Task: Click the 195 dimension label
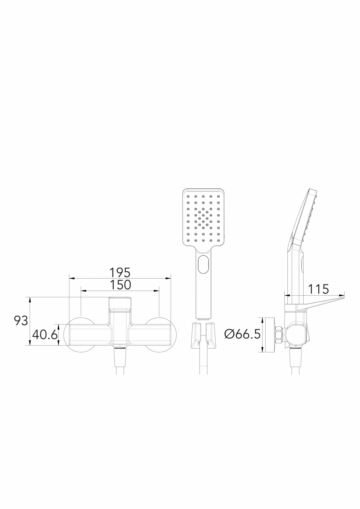pos(120,273)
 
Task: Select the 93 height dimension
pos(21,321)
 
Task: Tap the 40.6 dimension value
pos(44,334)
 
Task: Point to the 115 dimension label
pos(319,289)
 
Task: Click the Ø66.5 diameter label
pos(242,334)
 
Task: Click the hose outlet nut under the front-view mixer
pos(120,348)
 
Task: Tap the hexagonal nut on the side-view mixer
pos(279,334)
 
